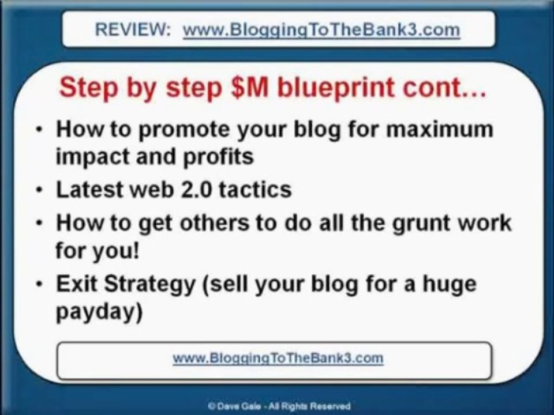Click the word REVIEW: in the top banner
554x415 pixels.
[x=132, y=29]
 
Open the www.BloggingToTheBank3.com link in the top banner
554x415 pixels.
[x=321, y=30]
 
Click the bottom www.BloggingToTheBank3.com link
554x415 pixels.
[x=278, y=358]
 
